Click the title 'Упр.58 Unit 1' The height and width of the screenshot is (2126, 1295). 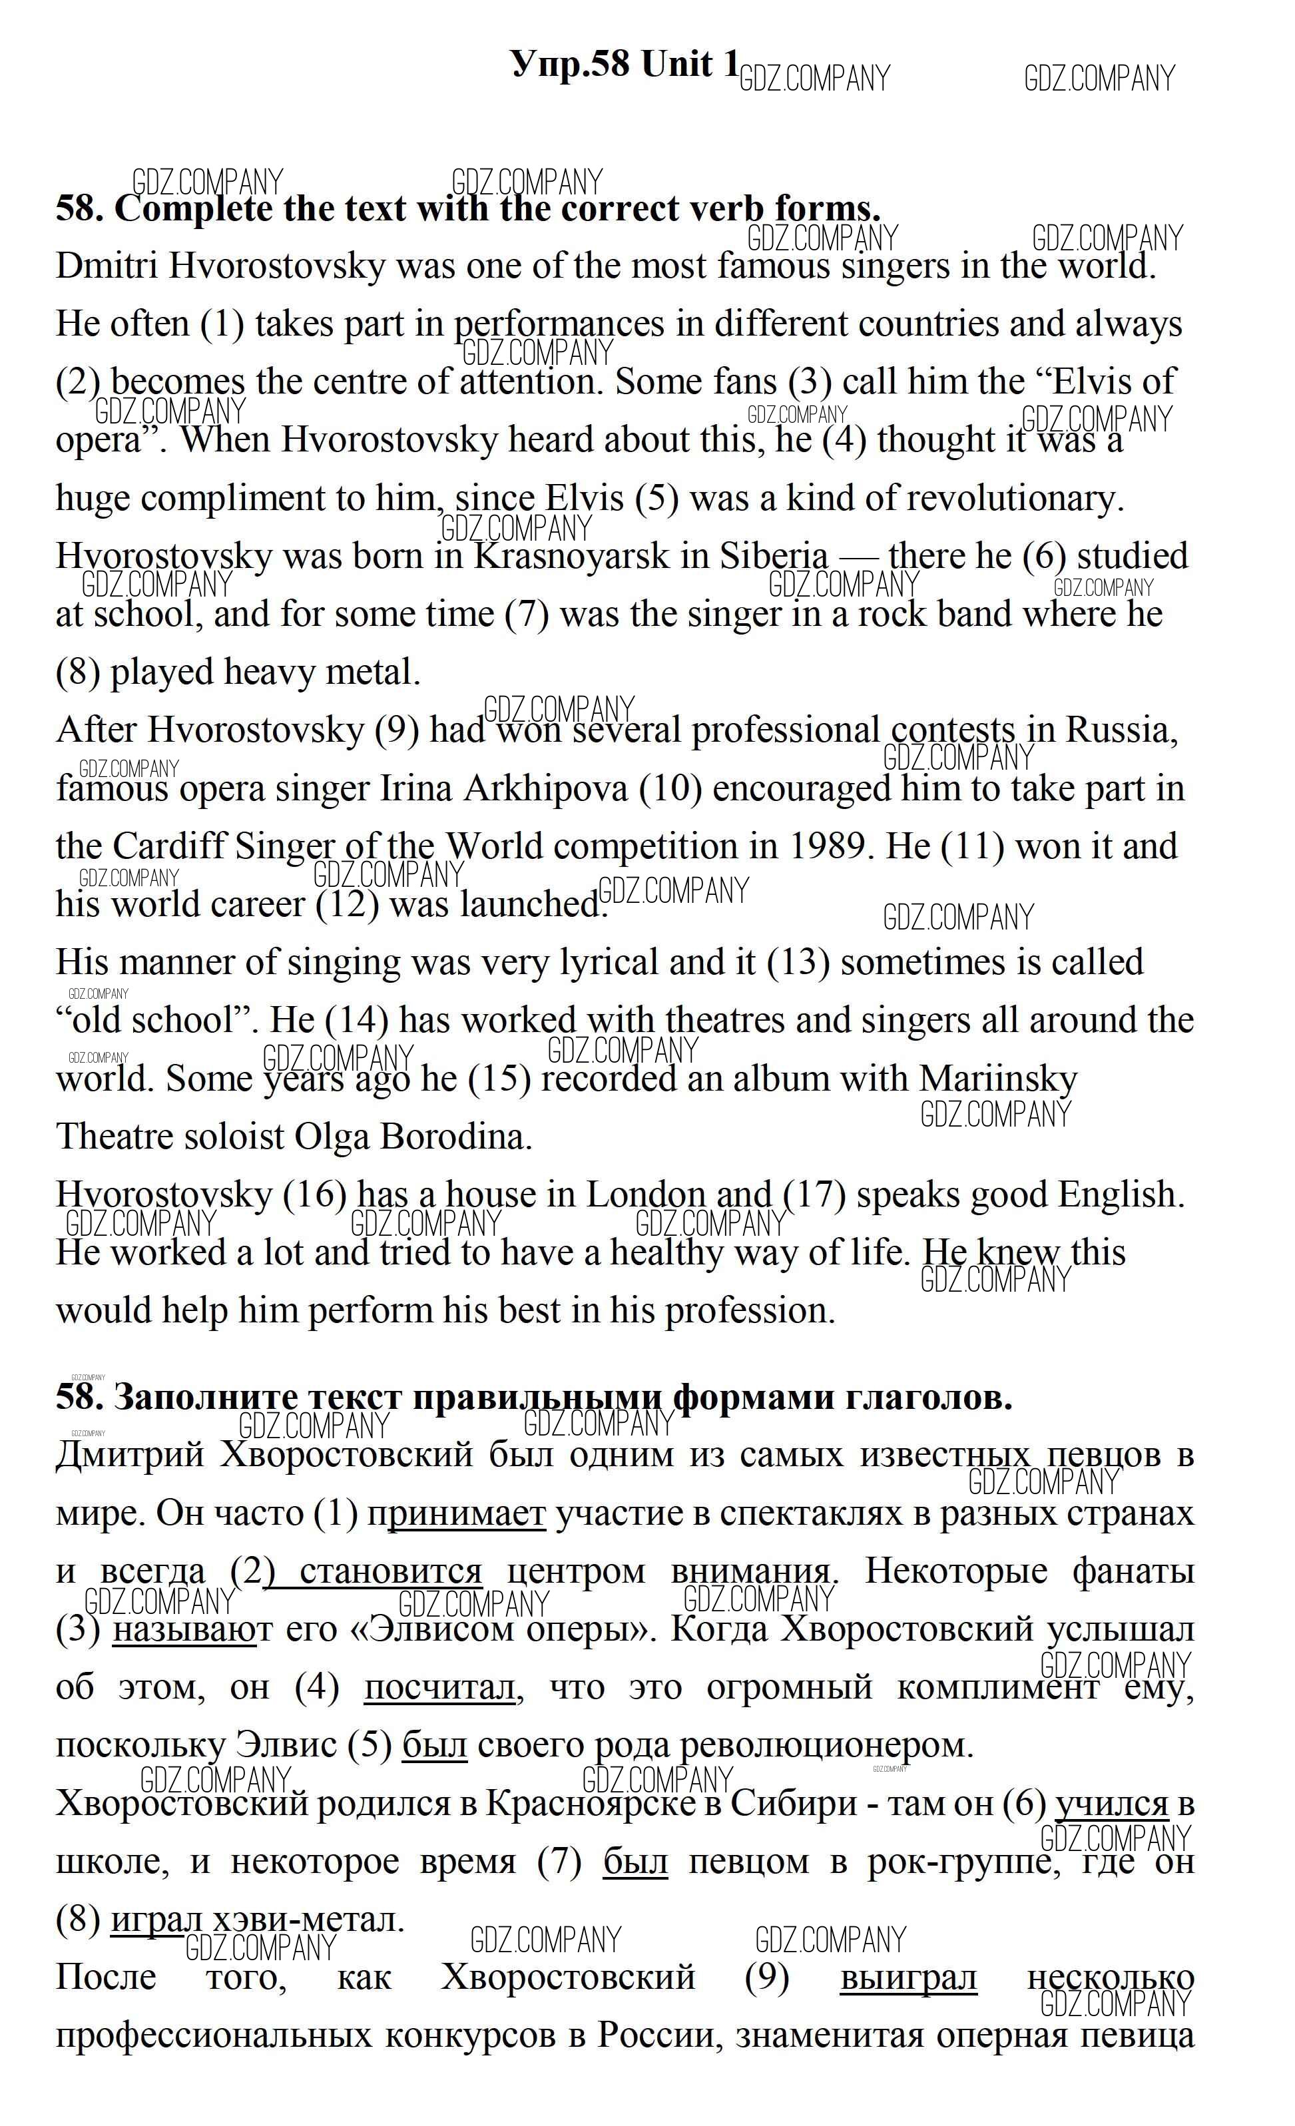tap(625, 64)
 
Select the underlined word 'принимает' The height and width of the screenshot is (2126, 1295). tap(458, 1513)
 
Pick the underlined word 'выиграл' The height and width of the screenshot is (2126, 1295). tap(907, 1977)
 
